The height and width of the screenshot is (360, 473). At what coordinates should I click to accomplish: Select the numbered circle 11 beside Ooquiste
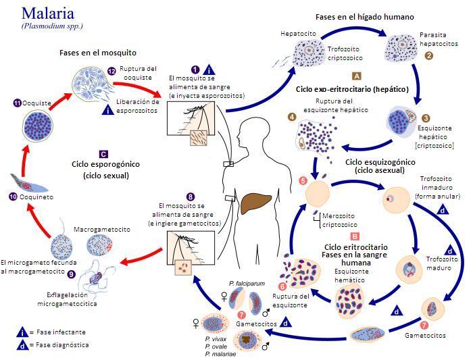[x=18, y=103]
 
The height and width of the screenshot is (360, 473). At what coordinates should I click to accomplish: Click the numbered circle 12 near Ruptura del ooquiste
[x=111, y=72]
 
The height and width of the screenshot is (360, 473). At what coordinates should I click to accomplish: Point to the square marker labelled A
[x=356, y=76]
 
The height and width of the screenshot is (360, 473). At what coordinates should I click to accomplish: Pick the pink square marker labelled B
[x=355, y=236]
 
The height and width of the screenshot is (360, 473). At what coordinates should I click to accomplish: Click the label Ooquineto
[x=36, y=197]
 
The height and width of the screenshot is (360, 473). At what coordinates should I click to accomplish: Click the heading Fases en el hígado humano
[x=365, y=16]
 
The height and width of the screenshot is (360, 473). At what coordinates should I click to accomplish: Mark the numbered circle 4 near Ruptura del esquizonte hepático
[x=292, y=117]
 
